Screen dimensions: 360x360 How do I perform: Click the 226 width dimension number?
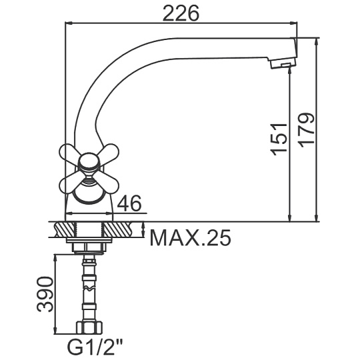[x=181, y=13]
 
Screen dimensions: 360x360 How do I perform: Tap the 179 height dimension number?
[x=307, y=130]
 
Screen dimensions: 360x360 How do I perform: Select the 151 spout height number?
[x=279, y=140]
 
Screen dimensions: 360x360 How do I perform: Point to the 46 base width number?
[x=129, y=203]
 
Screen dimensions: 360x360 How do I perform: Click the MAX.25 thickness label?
[x=190, y=238]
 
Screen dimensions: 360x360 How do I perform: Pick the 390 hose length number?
[x=45, y=294]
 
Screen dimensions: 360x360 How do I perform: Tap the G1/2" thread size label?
[x=95, y=348]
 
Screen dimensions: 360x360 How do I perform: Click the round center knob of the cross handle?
[x=89, y=163]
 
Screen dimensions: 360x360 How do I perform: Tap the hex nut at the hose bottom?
[x=89, y=327]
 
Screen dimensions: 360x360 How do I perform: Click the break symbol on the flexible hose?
[x=89, y=288]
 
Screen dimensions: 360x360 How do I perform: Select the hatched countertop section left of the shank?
[x=65, y=229]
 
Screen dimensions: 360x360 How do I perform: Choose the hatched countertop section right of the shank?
[x=118, y=229]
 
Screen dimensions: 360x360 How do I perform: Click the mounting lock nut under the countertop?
[x=89, y=247]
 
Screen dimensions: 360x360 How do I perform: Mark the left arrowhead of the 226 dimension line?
[x=69, y=23]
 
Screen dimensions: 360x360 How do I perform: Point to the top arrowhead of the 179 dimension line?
[x=317, y=41]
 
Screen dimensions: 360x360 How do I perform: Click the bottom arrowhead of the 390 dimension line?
[x=55, y=330]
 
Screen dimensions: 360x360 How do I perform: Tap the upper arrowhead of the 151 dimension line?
[x=290, y=70]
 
